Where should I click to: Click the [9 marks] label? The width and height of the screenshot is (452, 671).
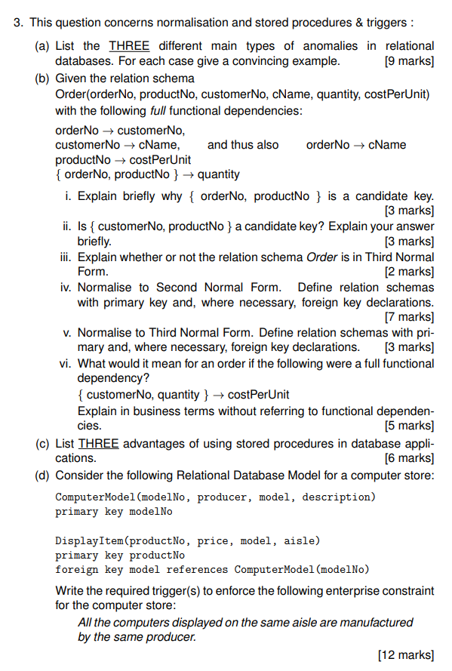click(409, 61)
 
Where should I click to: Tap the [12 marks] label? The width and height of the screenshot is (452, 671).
click(406, 654)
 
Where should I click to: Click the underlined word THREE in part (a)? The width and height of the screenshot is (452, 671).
click(129, 46)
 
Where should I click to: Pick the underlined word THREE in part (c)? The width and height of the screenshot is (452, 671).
click(98, 443)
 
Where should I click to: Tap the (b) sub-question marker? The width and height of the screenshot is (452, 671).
click(44, 78)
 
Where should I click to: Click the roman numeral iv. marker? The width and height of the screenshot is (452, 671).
click(66, 288)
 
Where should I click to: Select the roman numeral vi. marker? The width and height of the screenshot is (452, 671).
click(66, 363)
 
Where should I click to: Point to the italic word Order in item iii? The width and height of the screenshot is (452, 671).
click(321, 257)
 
